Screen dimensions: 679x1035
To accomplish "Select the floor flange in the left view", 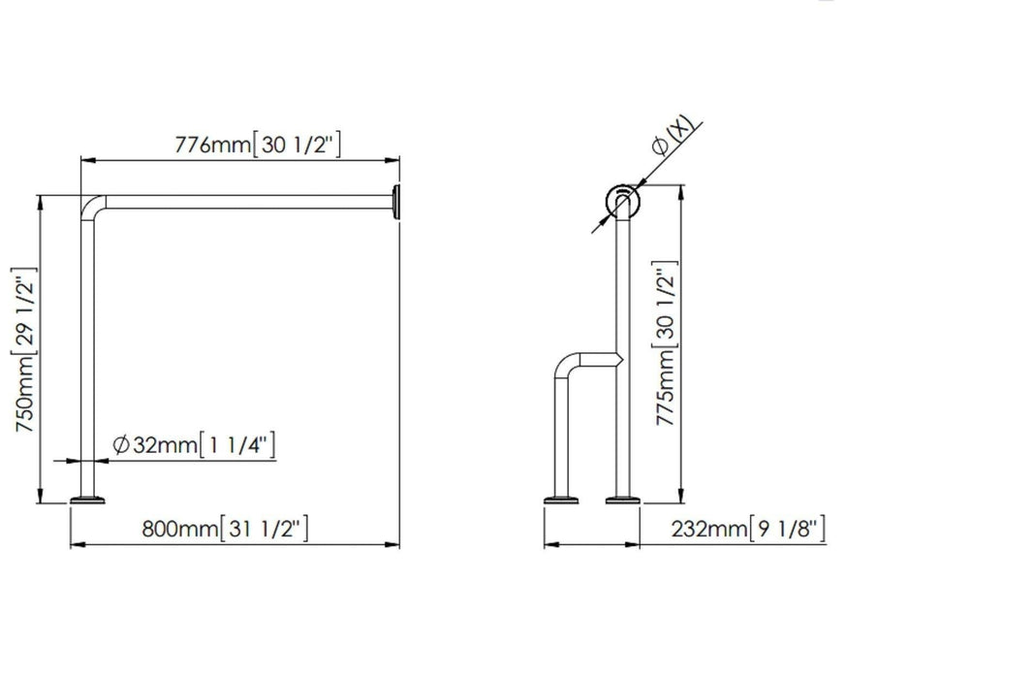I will click(90, 501).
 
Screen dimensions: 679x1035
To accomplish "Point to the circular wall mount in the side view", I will click(621, 203).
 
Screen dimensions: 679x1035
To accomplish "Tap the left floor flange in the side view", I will click(561, 501).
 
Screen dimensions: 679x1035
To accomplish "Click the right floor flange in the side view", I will click(623, 501).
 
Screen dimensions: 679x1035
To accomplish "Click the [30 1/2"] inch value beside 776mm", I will click(297, 145).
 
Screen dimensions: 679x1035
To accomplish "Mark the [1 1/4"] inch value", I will click(236, 445).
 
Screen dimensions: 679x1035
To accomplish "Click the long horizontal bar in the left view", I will click(242, 202).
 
